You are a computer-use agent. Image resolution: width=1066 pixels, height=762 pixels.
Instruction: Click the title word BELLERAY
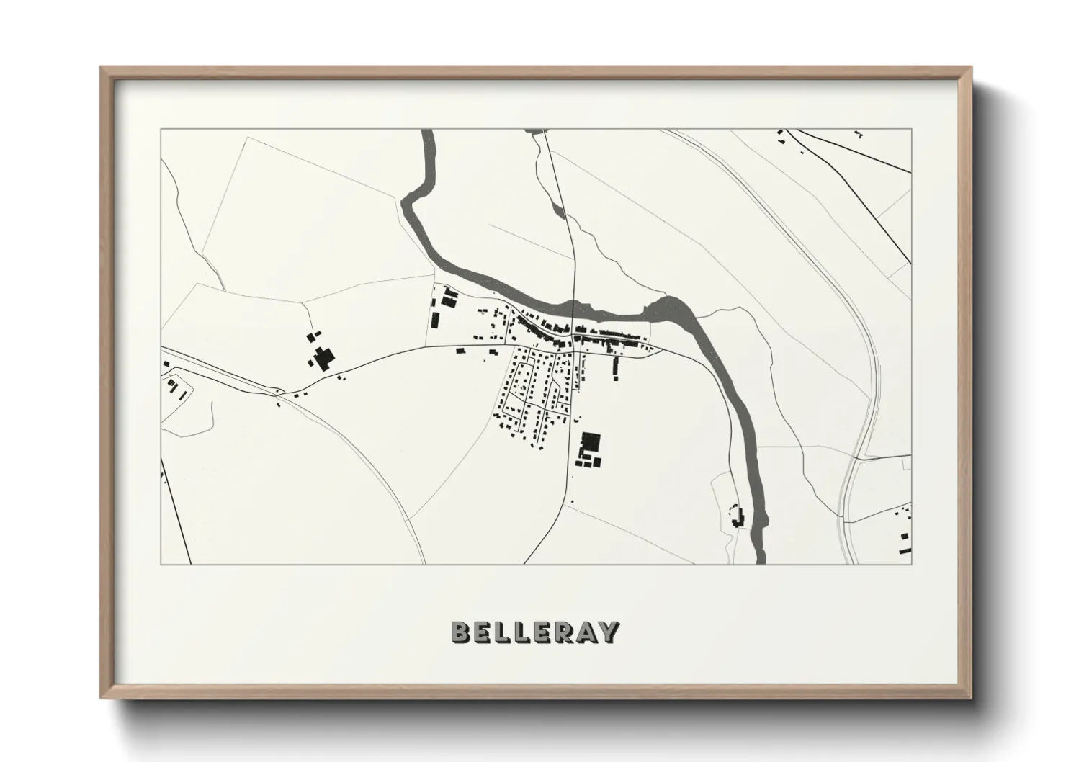(534, 632)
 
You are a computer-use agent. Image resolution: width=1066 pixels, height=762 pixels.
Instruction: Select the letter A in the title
(588, 632)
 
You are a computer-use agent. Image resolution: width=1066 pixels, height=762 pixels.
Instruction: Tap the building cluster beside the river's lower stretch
(736, 517)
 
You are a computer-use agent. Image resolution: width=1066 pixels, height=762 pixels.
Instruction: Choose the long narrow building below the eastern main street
(615, 367)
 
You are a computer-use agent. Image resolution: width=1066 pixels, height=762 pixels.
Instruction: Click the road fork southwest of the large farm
(279, 393)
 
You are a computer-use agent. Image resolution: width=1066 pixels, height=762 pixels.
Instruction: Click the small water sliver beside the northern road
(557, 210)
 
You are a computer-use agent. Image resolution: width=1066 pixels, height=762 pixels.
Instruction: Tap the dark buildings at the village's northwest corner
(449, 296)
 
